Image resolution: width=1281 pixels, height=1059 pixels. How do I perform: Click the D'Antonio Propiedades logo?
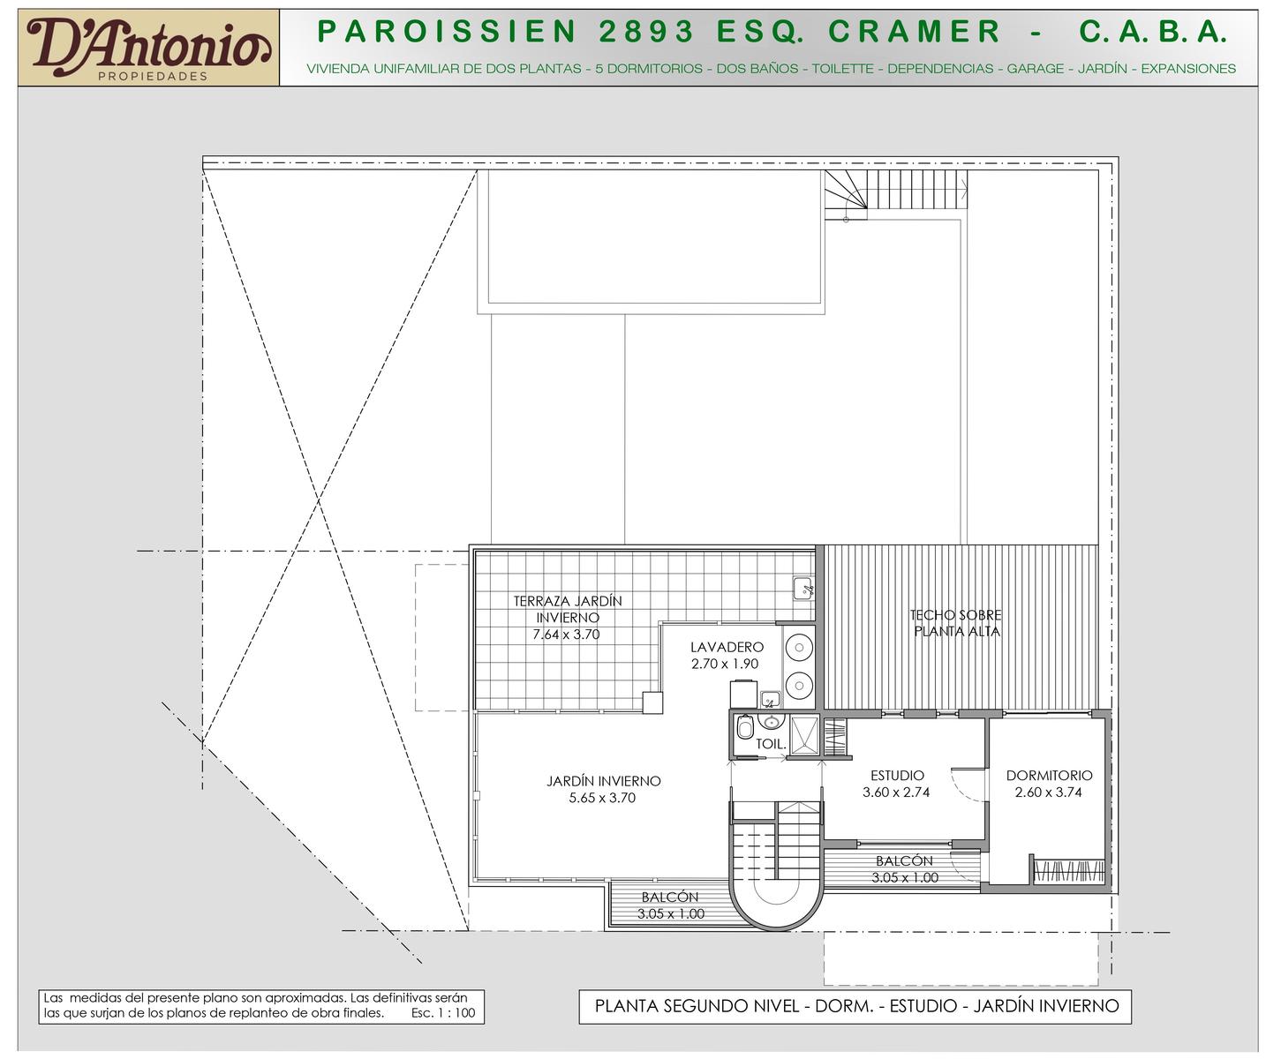click(148, 49)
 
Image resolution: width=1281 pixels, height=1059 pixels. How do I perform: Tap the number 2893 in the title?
click(646, 31)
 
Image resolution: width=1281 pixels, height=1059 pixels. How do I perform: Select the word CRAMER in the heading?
click(914, 31)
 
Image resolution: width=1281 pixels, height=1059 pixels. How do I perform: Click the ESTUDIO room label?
click(897, 775)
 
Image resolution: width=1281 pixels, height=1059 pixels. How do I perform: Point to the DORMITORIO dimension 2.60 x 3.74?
click(1048, 792)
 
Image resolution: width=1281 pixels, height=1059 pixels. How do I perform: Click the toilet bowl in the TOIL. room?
click(745, 726)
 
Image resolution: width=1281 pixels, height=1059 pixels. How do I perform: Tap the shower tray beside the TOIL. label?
click(804, 734)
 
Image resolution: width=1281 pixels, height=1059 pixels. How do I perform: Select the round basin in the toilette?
click(771, 723)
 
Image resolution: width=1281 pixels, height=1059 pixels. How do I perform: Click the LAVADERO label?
click(727, 646)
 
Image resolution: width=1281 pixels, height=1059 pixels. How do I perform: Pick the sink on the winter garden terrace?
click(803, 589)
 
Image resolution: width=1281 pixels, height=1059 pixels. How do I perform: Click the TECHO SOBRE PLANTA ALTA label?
click(956, 622)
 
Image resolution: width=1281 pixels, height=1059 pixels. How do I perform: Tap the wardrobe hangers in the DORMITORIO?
click(1069, 871)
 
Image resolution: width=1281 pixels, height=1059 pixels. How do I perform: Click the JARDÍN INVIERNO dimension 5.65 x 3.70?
click(602, 798)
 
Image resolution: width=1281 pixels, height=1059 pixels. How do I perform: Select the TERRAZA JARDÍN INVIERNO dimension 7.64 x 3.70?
click(566, 634)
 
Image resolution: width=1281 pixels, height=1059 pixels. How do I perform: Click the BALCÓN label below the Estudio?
click(904, 861)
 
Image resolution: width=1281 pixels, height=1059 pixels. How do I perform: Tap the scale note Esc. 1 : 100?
click(443, 1012)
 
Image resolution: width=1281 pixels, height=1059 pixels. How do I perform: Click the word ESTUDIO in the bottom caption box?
click(924, 1006)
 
